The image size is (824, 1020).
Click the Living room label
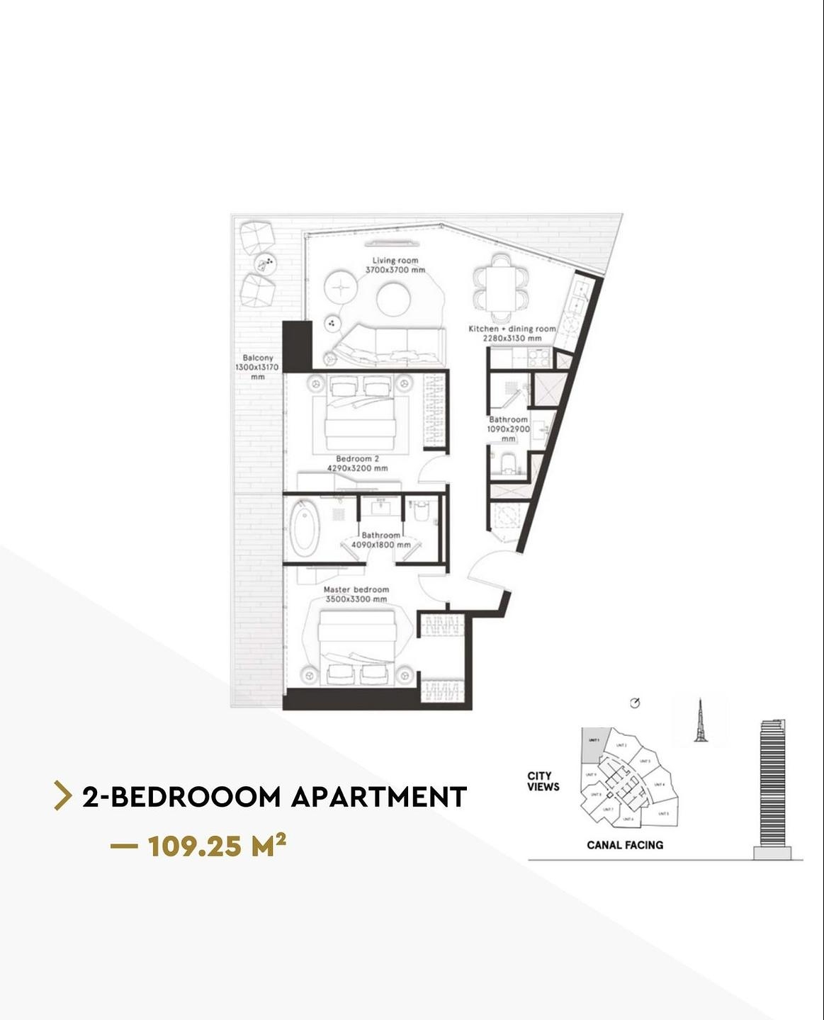(395, 261)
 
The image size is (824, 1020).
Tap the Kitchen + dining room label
(512, 329)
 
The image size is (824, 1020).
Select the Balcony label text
(257, 358)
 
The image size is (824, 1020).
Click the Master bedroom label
(356, 590)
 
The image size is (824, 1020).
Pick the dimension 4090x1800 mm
(381, 545)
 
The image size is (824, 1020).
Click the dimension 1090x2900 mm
(508, 429)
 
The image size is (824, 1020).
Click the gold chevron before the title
(63, 796)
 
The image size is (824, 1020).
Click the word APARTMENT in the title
(379, 797)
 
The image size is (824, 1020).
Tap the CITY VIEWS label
(543, 781)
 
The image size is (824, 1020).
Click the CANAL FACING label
(625, 845)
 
